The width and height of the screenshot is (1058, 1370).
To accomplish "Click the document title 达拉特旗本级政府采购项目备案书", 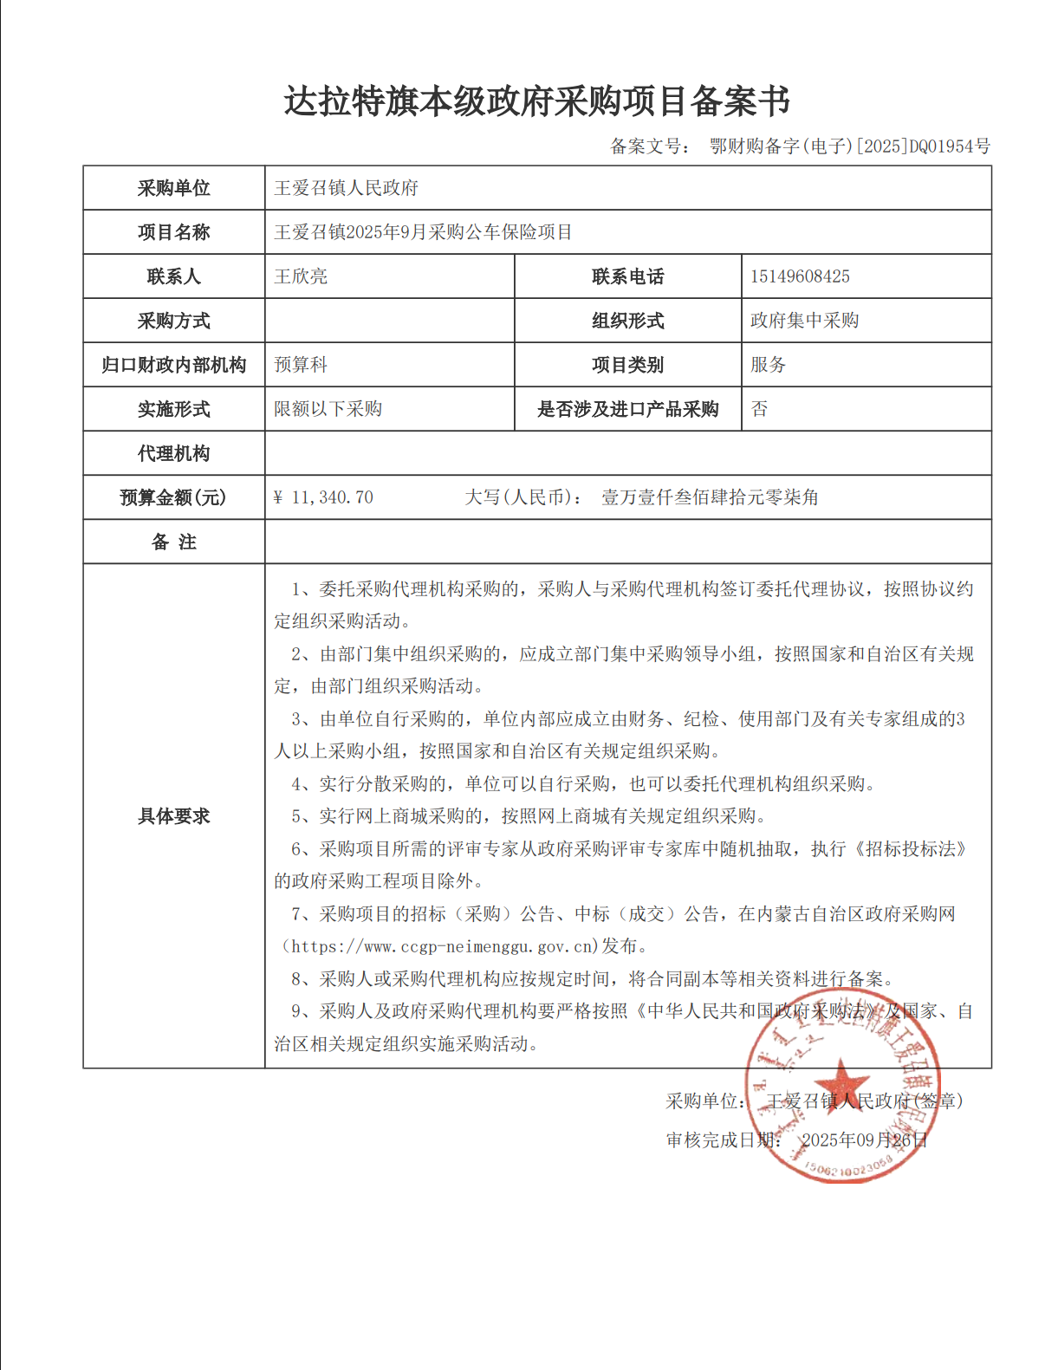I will click(536, 101).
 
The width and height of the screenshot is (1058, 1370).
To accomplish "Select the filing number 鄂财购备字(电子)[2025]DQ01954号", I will click(849, 146).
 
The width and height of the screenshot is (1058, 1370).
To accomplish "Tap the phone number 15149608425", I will click(800, 276).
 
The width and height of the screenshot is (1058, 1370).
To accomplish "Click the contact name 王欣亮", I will click(301, 276).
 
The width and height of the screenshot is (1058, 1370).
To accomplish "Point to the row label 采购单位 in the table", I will click(173, 188).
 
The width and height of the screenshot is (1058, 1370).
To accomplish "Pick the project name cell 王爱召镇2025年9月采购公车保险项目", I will click(423, 232).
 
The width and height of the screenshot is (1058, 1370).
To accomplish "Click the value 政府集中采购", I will click(804, 321).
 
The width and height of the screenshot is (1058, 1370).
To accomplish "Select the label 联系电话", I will click(627, 276).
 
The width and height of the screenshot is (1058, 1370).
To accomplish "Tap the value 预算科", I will click(301, 365).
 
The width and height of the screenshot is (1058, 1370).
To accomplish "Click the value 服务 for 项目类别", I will click(768, 365).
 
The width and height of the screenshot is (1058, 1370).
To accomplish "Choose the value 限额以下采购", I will click(328, 409).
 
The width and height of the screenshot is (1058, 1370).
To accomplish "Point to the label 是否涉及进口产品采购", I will click(627, 409).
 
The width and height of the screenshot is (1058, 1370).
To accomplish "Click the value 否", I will click(759, 409).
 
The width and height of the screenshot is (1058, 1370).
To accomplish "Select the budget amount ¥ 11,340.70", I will click(323, 497).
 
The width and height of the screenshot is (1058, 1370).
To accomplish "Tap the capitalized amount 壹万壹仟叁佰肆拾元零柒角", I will click(710, 497).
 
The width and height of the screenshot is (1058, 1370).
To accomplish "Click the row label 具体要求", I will click(173, 815).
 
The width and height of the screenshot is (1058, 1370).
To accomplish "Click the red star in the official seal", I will click(841, 1083).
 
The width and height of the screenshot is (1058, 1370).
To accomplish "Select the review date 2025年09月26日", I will click(864, 1140).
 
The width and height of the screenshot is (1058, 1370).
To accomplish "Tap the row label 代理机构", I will click(173, 453).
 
